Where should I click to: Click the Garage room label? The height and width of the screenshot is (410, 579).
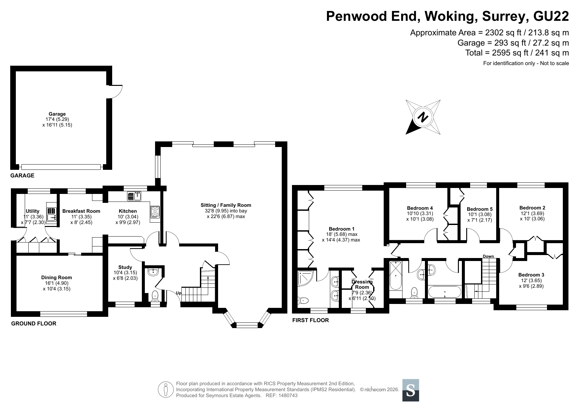(x=57, y=114)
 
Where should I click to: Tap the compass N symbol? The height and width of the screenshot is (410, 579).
(x=423, y=117)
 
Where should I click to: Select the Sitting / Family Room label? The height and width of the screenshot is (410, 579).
(x=226, y=205)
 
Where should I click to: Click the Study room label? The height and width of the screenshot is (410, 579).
(x=125, y=267)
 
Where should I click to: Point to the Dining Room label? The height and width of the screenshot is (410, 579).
(x=56, y=278)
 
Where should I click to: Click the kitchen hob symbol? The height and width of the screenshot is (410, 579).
(x=155, y=212)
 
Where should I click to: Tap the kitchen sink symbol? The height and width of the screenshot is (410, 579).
(x=134, y=196)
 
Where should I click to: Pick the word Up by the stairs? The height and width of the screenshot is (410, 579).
(x=178, y=293)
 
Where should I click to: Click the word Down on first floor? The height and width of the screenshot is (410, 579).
(x=488, y=256)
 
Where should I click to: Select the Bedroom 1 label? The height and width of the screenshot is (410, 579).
(x=341, y=229)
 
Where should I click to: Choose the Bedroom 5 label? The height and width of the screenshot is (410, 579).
(x=480, y=209)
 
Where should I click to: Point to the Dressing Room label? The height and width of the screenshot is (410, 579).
(x=362, y=284)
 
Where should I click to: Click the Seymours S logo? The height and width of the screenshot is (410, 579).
(x=411, y=390)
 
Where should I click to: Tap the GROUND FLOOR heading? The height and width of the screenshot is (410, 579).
(x=34, y=323)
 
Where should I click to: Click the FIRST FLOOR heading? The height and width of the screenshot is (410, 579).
(x=310, y=320)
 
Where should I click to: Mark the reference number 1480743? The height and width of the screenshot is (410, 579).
(x=288, y=395)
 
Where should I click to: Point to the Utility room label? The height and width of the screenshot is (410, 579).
(x=32, y=211)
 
